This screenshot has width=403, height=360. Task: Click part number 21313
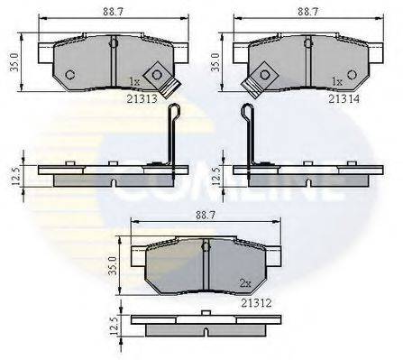click(142, 98)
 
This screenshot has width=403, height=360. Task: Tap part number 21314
click(343, 98)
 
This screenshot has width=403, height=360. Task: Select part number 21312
click(256, 303)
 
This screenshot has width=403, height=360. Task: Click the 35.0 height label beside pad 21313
click(14, 62)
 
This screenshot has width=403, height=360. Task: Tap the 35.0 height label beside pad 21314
click(215, 62)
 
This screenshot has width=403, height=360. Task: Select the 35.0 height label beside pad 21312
click(113, 265)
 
